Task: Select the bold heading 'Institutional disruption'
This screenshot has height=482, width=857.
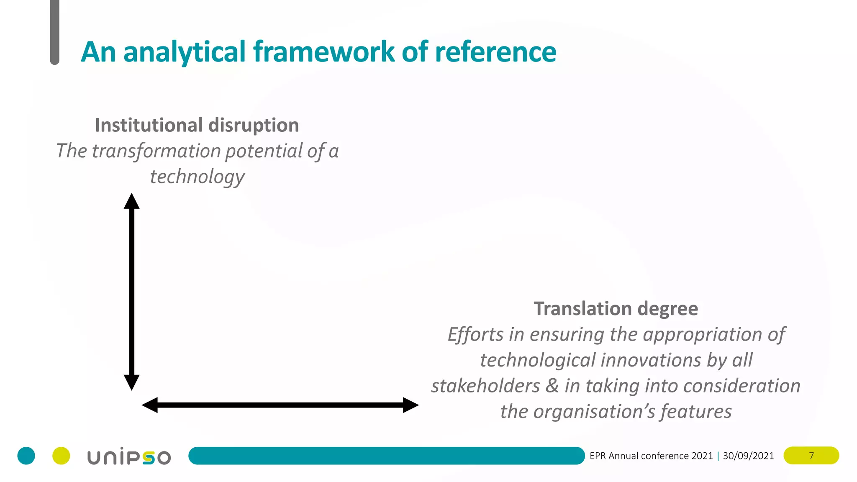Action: click(197, 125)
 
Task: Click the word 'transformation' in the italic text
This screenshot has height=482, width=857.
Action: click(157, 151)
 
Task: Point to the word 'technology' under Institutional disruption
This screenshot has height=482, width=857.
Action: click(197, 177)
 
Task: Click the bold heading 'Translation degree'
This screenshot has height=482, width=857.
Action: click(616, 309)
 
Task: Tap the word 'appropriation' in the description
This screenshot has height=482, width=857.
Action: click(703, 334)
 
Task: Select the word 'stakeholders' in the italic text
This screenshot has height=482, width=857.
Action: click(485, 386)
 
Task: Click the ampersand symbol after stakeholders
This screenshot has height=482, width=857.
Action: click(552, 386)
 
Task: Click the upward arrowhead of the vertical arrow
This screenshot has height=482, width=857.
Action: click(131, 201)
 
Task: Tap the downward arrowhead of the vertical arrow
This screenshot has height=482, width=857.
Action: click(131, 382)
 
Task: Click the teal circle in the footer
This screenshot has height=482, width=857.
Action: click(26, 456)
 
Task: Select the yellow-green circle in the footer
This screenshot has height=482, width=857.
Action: click(61, 456)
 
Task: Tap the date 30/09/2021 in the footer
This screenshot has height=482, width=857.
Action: click(748, 456)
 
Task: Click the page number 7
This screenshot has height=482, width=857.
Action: click(811, 456)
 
